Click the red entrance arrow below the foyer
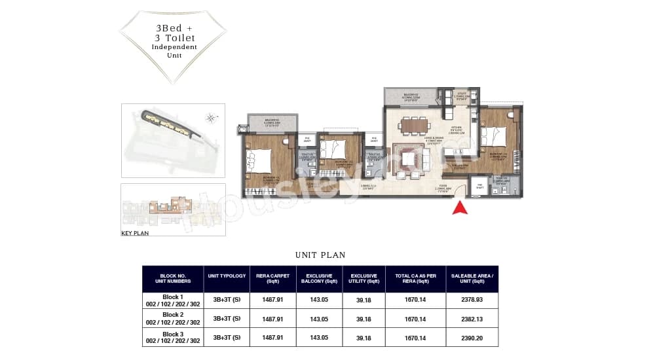point(460,208)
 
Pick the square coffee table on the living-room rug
point(409,157)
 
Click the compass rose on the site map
point(210,118)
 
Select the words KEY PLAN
point(136,233)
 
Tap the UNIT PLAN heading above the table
point(320,255)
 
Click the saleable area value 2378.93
point(472,300)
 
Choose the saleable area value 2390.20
point(472,338)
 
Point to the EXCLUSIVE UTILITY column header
point(364,278)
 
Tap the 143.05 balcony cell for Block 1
point(319,300)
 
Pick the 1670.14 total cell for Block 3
point(415,338)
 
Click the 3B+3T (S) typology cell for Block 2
point(227,319)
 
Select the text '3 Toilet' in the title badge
point(174,38)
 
